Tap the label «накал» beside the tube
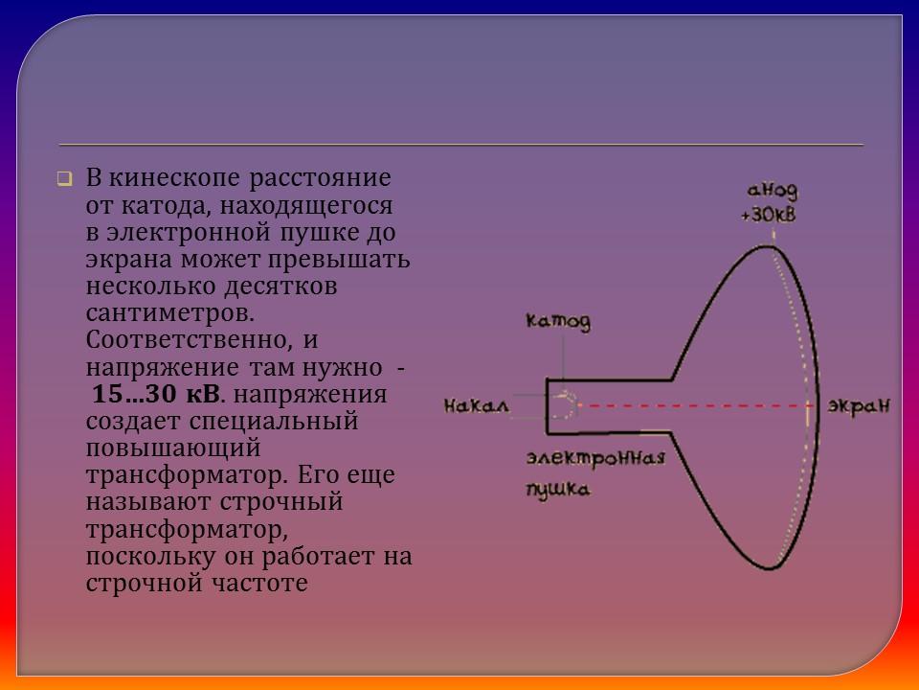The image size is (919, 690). pos(476,405)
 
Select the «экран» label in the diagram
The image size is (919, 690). pos(859,405)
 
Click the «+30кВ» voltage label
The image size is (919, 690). pos(768,215)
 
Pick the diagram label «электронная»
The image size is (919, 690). pos(594,457)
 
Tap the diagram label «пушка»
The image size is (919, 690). pos(557,489)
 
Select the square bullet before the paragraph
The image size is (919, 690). pos(64,179)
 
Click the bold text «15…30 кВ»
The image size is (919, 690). pos(155,395)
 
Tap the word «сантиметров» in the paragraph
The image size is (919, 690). pos(170,313)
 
